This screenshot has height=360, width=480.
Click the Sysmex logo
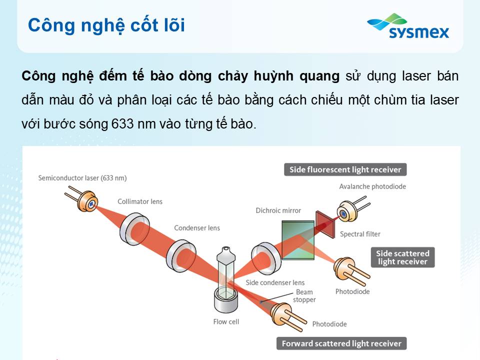coord(408,26)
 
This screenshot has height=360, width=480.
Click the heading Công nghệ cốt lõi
coord(106,25)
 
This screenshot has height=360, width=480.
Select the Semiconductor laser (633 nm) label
coord(82,178)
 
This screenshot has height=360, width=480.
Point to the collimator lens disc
coord(134,229)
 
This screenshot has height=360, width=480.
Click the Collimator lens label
coord(140,201)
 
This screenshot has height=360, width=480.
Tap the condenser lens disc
coord(181,256)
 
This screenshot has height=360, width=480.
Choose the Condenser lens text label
coord(197,228)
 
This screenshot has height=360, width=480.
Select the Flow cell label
coord(226,321)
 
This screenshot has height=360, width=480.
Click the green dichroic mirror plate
coord(298,240)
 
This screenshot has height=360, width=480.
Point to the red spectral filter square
coord(325,224)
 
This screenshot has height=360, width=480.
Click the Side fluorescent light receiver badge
coord(345,169)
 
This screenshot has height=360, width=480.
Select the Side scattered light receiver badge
coord(402,257)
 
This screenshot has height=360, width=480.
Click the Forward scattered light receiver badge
coord(341,343)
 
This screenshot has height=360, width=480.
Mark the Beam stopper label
coord(304,295)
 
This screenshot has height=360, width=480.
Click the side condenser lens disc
coord(265,258)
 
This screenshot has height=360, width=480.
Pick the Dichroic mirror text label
coord(278,210)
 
